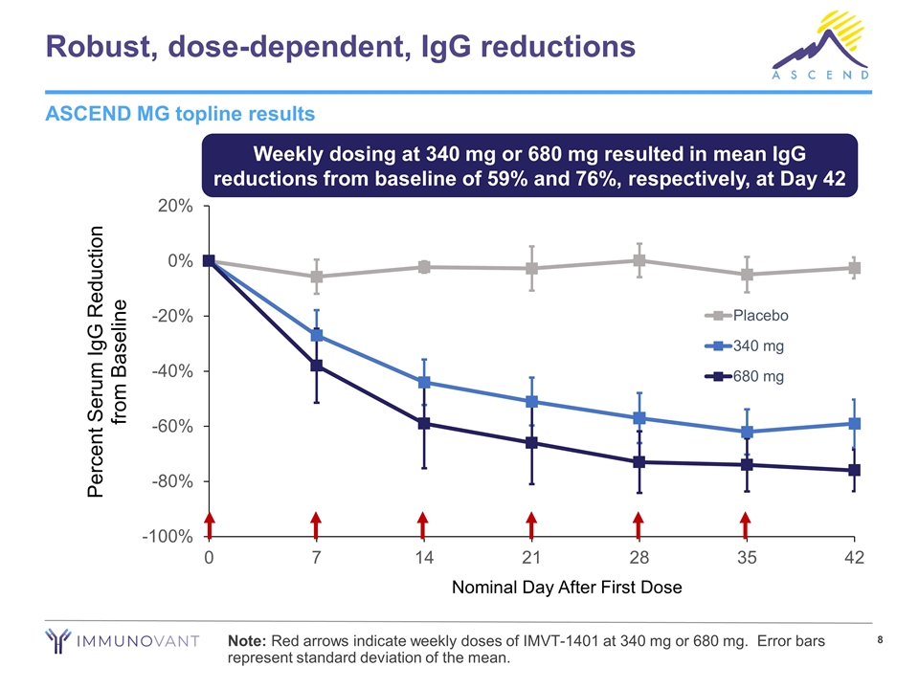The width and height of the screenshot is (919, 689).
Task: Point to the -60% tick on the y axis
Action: click(x=173, y=426)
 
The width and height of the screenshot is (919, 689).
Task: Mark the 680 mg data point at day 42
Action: click(x=854, y=470)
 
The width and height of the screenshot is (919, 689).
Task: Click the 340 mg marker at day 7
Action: click(x=316, y=336)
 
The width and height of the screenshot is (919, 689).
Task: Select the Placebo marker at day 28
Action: click(x=639, y=260)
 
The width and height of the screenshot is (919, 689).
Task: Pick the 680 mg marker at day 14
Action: click(x=423, y=423)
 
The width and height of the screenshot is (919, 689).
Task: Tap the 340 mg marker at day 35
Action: click(x=746, y=432)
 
